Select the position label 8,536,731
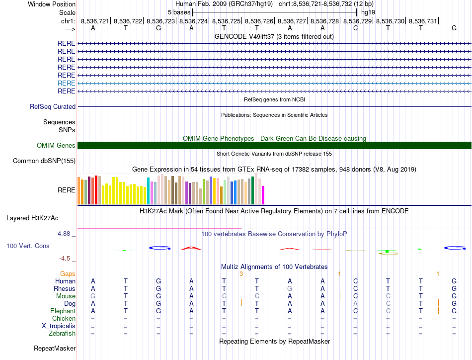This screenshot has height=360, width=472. point(423,21)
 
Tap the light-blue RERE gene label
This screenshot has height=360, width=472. point(66,83)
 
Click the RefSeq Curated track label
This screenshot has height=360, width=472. point(53,106)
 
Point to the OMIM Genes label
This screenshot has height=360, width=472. point(56,145)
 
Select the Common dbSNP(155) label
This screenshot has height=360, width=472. point(44,161)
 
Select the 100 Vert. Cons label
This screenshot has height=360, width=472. point(28,246)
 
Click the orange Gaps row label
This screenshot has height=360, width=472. point(68,273)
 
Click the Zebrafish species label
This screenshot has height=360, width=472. point(62,333)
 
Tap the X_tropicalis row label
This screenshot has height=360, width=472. point(59,326)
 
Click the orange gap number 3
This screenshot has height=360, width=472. point(240,273)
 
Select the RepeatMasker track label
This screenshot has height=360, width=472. point(54,348)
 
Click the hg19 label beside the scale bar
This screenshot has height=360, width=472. point(368,12)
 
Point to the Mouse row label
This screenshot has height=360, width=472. point(66,296)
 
